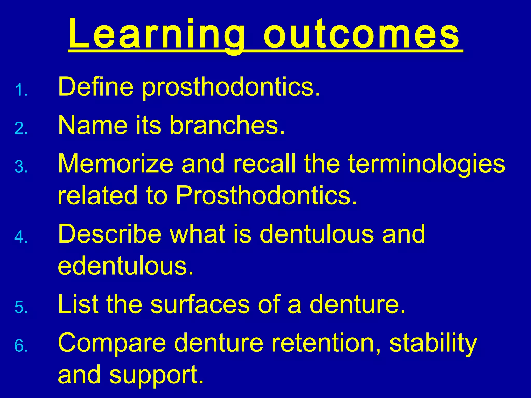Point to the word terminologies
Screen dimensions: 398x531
427,165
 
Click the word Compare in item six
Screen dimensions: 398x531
112,343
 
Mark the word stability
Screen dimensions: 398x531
433,343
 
